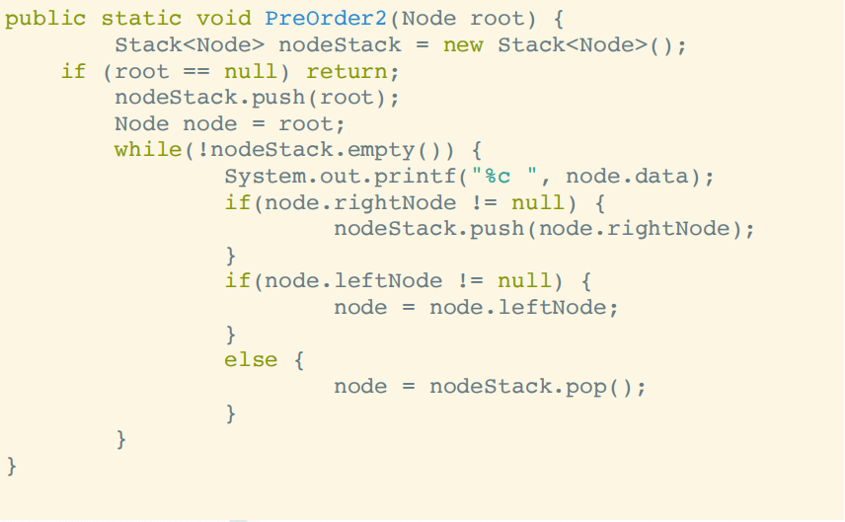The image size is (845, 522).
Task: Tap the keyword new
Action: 463,44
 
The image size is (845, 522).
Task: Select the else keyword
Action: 251,360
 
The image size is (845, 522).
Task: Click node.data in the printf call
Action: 627,177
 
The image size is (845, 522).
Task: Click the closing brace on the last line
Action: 12,465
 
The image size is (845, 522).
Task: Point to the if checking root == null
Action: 74,71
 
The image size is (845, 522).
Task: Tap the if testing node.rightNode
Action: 237,202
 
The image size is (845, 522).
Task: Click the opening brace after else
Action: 298,360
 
